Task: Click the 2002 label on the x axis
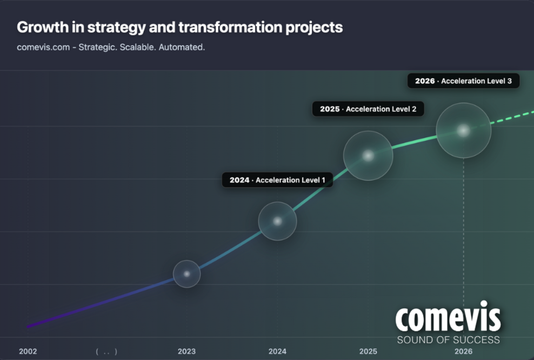pyautogui.click(x=28, y=351)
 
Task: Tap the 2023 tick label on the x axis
pyautogui.click(x=186, y=351)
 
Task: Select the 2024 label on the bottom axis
pyautogui.click(x=277, y=351)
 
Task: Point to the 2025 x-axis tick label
pyautogui.click(x=368, y=351)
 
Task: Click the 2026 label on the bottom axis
pyautogui.click(x=463, y=351)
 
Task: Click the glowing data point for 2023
pyautogui.click(x=186, y=274)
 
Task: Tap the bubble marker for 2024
pyautogui.click(x=277, y=221)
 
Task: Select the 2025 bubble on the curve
pyautogui.click(x=368, y=156)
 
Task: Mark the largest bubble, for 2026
pyautogui.click(x=463, y=131)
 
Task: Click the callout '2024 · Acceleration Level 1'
pyautogui.click(x=277, y=180)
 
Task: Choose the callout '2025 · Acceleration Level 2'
pyautogui.click(x=368, y=109)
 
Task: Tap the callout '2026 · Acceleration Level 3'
pyautogui.click(x=463, y=81)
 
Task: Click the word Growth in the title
pyautogui.click(x=39, y=27)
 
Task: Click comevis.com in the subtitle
pyautogui.click(x=43, y=47)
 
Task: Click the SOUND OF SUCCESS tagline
pyautogui.click(x=448, y=340)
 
